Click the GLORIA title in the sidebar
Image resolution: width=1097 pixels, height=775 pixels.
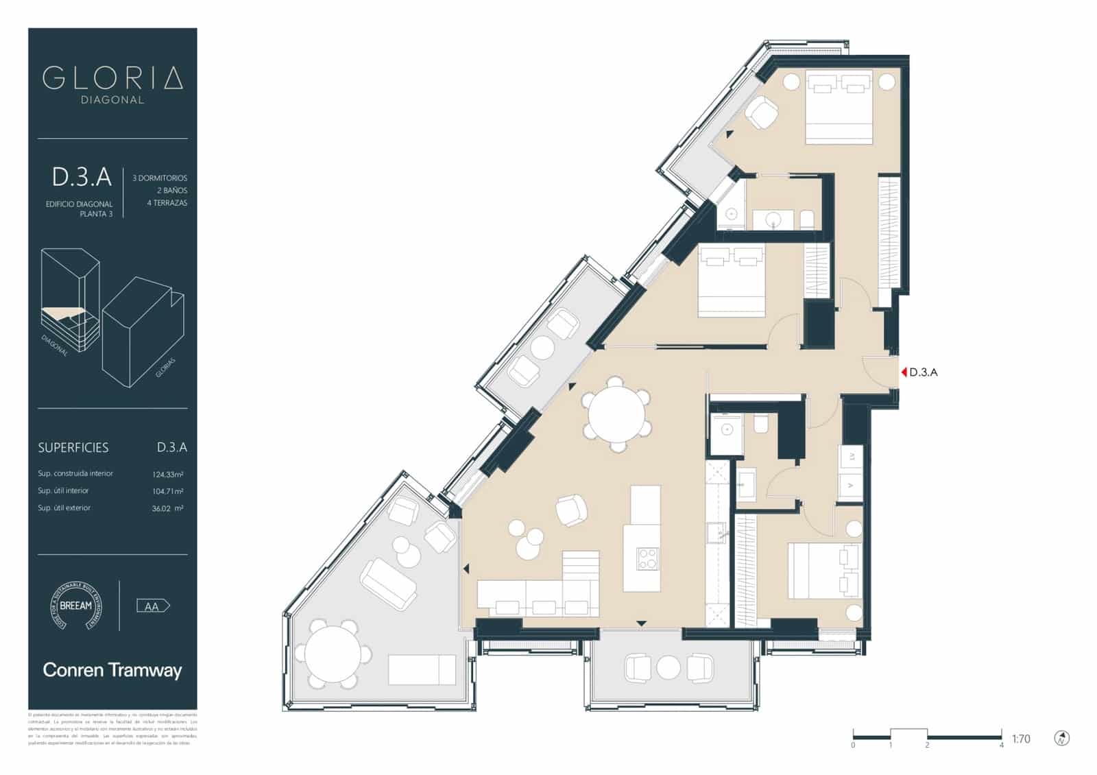pos(112,77)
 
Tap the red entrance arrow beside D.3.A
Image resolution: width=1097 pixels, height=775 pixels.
pos(904,372)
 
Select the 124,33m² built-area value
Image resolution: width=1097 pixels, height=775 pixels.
pos(167,474)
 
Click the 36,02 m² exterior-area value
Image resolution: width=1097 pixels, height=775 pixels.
pos(167,508)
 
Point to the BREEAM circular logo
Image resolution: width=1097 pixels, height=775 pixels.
pos(75,606)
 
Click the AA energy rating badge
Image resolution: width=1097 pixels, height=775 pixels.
pos(153,606)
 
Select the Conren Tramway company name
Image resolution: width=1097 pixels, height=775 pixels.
pos(112,670)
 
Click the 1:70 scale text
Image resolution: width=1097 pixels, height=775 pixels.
pos(1020,739)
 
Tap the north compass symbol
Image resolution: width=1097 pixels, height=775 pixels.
pos(1062,738)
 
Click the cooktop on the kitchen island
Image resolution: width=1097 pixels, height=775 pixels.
pos(647,558)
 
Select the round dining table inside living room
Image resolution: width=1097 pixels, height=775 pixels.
pos(616,416)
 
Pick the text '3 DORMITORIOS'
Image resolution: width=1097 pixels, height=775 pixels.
pos(160,178)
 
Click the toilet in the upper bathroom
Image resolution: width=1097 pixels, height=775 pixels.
pos(807,220)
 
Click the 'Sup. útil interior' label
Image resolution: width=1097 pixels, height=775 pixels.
pos(63,491)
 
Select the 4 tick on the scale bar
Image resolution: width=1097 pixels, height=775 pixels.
pos(1002,744)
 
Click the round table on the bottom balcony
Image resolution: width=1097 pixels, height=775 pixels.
pos(668,667)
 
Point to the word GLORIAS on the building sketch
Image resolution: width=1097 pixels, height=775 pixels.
pos(165,368)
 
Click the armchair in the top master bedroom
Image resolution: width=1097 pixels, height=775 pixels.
pos(761,112)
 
